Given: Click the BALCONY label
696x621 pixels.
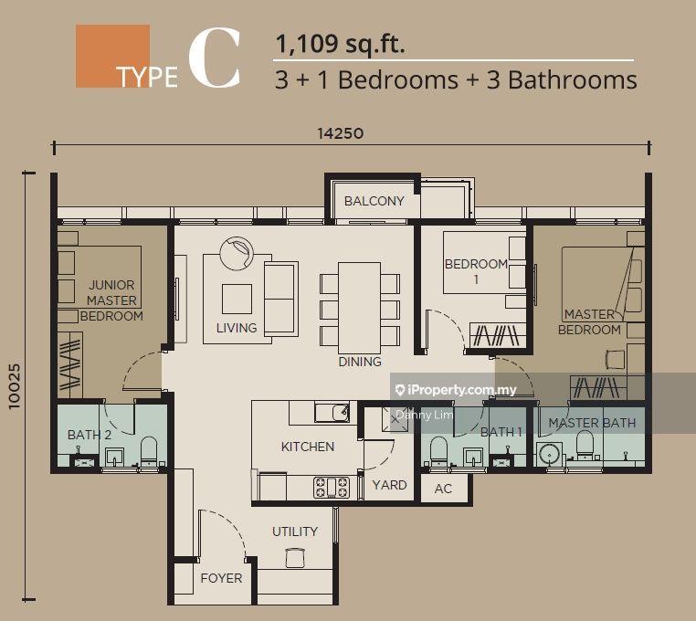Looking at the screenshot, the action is click(x=374, y=201).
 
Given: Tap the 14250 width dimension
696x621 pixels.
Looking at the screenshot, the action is click(x=341, y=133).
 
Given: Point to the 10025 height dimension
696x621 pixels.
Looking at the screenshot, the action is click(x=15, y=386).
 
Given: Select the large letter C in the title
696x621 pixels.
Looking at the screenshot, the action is click(x=215, y=58).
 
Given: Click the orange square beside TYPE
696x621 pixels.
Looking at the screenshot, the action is click(x=112, y=56).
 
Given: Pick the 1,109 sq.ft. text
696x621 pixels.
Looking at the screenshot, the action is click(x=340, y=44).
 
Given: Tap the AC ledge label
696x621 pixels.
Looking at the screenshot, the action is click(x=443, y=489).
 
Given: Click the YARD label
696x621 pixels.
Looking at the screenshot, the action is click(x=389, y=485).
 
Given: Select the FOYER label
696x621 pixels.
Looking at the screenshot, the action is click(x=221, y=578).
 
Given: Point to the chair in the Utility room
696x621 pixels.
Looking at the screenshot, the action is click(x=295, y=557).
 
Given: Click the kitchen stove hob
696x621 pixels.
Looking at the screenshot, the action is click(x=332, y=487).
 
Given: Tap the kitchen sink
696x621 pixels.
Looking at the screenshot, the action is click(x=332, y=413).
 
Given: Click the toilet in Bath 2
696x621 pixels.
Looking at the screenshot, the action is click(x=149, y=450).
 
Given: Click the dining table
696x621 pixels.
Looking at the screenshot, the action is click(x=360, y=308).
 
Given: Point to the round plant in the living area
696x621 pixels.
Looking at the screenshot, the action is click(x=237, y=254).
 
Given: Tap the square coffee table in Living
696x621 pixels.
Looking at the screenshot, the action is click(x=237, y=300).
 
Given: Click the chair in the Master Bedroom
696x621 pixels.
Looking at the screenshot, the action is click(x=616, y=359).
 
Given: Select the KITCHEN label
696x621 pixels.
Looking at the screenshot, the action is click(x=308, y=447).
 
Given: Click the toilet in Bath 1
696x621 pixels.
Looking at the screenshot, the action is click(x=439, y=450).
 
